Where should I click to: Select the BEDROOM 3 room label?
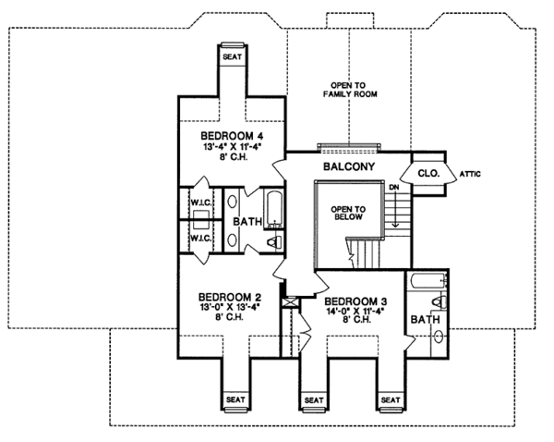(x=357, y=301)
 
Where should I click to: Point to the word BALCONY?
(x=347, y=167)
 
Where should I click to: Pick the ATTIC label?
(x=472, y=173)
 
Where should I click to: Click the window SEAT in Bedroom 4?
(x=231, y=55)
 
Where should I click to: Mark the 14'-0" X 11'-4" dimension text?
(x=357, y=313)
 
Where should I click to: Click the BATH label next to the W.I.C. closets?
(x=247, y=223)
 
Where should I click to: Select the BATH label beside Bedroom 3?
(x=425, y=320)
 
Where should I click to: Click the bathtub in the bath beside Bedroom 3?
(x=426, y=279)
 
